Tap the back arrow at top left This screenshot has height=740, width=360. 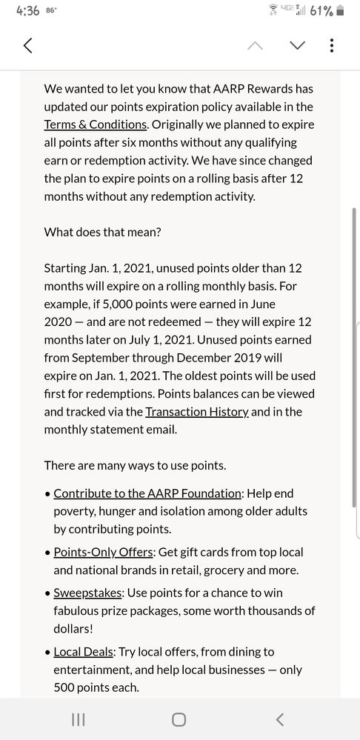click(x=28, y=45)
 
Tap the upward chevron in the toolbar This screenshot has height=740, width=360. click(x=255, y=45)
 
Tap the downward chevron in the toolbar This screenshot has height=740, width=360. click(x=298, y=45)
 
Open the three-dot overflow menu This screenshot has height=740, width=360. click(x=331, y=45)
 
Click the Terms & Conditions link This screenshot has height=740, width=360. click(x=96, y=124)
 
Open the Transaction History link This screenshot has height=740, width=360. click(x=196, y=412)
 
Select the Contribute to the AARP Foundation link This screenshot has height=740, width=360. click(x=147, y=493)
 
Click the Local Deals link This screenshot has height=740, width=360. click(x=84, y=653)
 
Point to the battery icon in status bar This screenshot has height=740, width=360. click(x=340, y=11)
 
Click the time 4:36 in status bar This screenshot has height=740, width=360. click(x=27, y=11)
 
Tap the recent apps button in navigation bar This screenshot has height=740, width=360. click(x=79, y=719)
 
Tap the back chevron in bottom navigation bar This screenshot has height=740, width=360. click(x=279, y=719)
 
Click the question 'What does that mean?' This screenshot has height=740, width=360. click(x=102, y=232)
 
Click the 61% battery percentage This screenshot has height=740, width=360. click(x=321, y=11)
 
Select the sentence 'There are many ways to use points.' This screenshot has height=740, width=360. click(x=134, y=465)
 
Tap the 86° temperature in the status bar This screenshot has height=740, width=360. click(x=52, y=10)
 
